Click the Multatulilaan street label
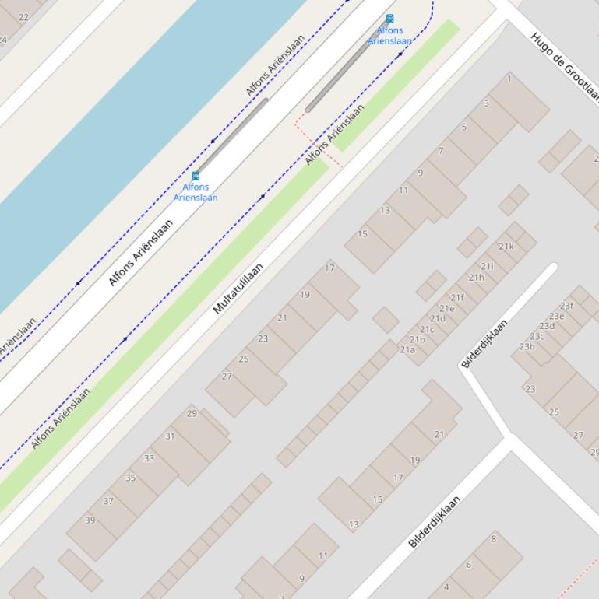tap(238, 288)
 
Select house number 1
tap(509, 79)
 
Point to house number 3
tap(487, 103)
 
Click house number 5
tap(464, 127)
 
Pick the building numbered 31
tap(170, 436)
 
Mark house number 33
tap(149, 458)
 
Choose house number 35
tap(130, 478)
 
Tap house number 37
tap(108, 501)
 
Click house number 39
tap(90, 520)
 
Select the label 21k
tap(506, 247)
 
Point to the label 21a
tap(407, 350)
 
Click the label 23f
tap(566, 306)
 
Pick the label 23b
tap(527, 346)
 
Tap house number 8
tap(493, 538)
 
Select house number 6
tap(469, 565)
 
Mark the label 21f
tap(457, 298)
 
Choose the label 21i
tap(488, 267)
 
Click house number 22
tap(23, 17)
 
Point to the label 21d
tap(438, 318)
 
